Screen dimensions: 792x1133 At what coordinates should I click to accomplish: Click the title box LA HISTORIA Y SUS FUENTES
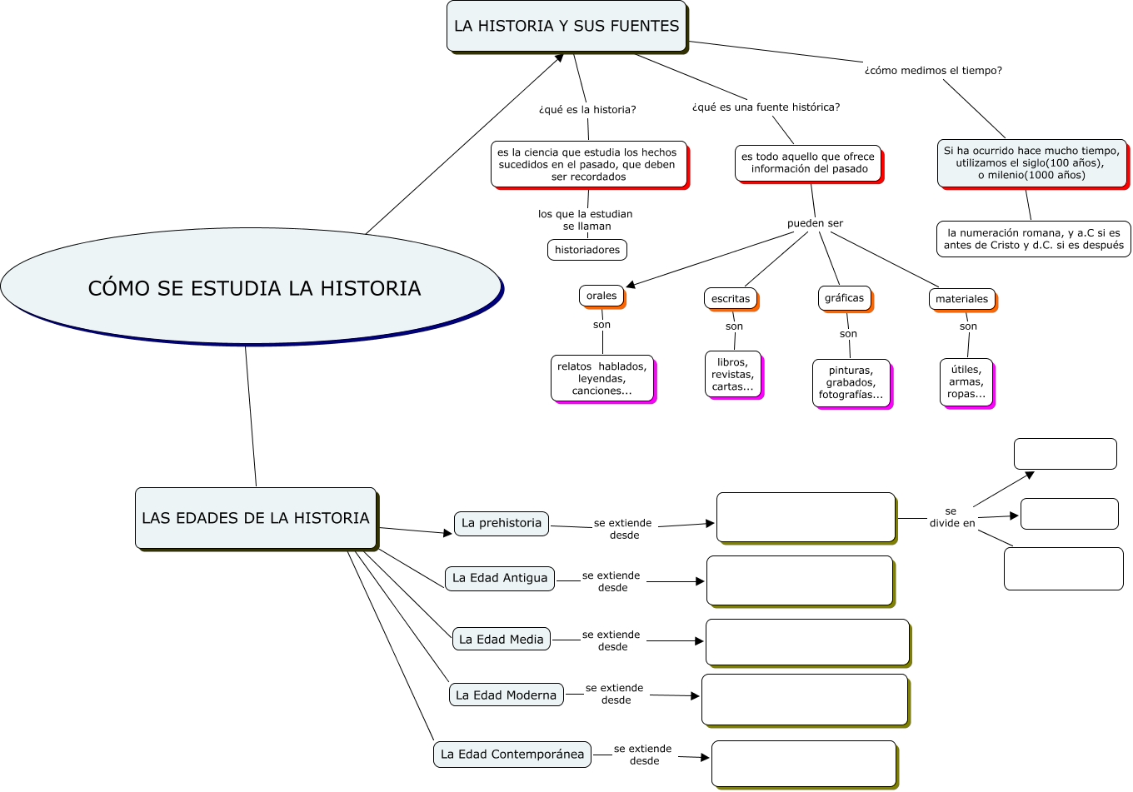(566, 27)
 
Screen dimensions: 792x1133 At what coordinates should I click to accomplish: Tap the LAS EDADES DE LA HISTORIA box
(256, 518)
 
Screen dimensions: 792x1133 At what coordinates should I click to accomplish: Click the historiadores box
(587, 250)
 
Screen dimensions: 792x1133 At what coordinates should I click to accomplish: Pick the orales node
(601, 296)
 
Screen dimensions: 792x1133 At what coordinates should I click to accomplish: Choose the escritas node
(731, 299)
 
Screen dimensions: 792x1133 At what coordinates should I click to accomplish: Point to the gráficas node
(845, 298)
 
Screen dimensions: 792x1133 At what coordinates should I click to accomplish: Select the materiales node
(962, 299)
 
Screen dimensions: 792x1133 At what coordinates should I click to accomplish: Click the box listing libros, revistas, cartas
(733, 375)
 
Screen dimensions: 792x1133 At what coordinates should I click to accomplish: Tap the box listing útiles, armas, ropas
(966, 382)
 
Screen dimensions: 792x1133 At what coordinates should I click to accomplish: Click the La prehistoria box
(502, 523)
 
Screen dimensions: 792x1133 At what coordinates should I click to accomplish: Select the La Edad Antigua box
(500, 578)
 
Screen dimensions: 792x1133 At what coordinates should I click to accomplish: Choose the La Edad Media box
(502, 640)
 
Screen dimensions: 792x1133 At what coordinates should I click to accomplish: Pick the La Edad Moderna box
(506, 695)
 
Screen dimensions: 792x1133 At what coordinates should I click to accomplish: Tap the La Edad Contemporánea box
(512, 755)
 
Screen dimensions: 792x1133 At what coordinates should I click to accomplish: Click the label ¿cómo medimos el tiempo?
(933, 71)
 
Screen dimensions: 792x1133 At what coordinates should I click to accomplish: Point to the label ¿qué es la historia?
(587, 110)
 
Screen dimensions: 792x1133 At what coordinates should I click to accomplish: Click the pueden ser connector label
(815, 223)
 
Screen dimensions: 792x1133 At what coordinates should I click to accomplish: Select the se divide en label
(952, 517)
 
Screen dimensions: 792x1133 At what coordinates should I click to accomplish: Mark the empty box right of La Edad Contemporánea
(804, 764)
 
